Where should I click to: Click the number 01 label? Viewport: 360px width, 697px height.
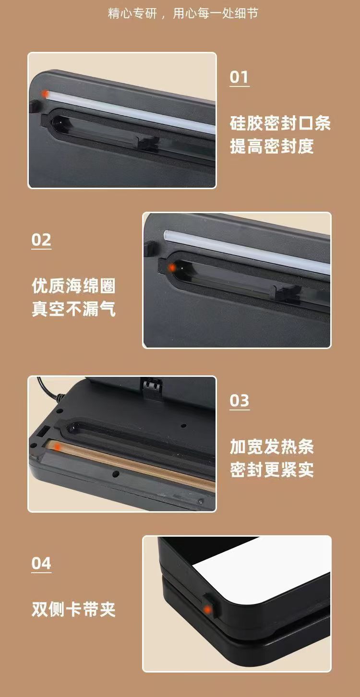(x=239, y=77)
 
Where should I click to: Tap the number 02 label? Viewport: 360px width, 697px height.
(x=41, y=240)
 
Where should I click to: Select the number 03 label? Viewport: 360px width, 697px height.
(x=240, y=400)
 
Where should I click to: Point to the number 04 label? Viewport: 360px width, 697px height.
(x=41, y=563)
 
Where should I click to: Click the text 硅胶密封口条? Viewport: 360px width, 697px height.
(x=280, y=123)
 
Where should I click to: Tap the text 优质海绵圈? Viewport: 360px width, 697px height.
(x=73, y=286)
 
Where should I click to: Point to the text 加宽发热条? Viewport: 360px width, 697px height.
(x=272, y=447)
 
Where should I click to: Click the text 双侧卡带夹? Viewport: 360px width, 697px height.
(x=73, y=610)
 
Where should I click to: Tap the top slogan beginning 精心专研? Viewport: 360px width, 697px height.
(x=183, y=13)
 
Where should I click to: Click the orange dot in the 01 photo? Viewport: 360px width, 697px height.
(x=45, y=93)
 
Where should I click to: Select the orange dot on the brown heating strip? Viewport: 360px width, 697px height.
(x=57, y=447)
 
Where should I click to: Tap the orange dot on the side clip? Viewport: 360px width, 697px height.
(x=207, y=610)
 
